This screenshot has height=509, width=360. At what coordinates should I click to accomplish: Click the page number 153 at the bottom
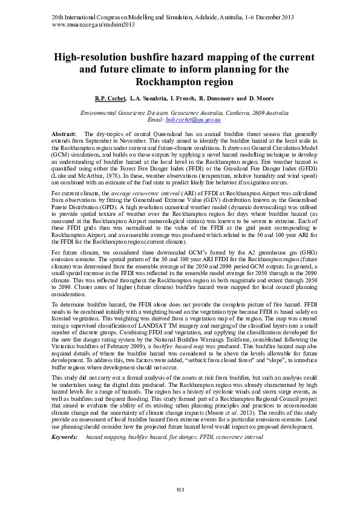[180, 489]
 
